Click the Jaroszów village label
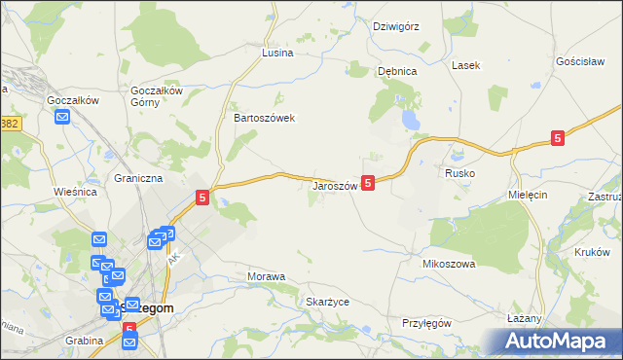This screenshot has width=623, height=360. click(x=335, y=185)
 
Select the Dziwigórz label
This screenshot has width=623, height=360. click(x=396, y=26)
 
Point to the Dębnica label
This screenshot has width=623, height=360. click(x=397, y=71)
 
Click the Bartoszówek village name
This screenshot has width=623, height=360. click(x=264, y=118)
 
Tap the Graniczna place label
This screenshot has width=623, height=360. click(x=138, y=179)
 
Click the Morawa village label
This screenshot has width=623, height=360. click(x=266, y=276)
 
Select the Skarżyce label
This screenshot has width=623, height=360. click(x=327, y=302)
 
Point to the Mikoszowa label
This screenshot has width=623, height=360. click(x=448, y=264)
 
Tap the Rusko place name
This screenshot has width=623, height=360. click(x=459, y=172)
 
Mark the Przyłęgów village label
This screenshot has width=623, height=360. click(x=427, y=323)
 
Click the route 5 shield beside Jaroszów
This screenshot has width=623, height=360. click(x=368, y=182)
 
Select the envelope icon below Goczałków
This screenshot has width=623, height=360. click(x=63, y=118)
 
